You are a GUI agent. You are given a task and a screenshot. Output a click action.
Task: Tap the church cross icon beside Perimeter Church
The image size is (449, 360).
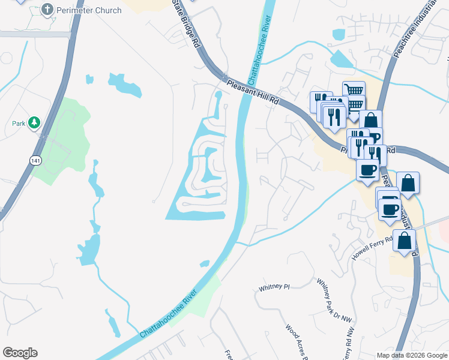click(48, 10)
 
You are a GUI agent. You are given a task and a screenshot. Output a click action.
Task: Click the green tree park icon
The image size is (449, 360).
click(35, 123)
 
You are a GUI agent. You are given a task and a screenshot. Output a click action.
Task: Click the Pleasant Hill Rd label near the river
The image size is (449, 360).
click(254, 93)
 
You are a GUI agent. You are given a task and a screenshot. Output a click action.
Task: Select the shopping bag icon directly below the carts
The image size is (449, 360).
click(370, 119)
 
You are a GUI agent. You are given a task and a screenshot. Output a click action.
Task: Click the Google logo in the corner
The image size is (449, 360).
click(20, 353)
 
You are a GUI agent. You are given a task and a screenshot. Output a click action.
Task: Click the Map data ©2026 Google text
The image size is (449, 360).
click(411, 355)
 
